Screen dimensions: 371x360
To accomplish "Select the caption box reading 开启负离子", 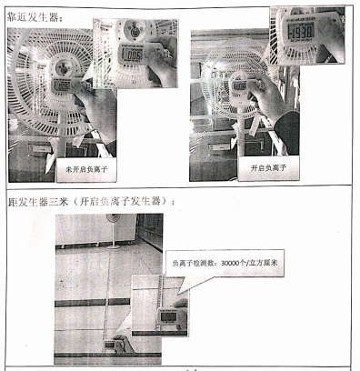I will tap(269, 168).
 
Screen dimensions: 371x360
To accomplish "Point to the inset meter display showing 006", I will tap(133, 55).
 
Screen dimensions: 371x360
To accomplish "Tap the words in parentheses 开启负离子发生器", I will tap(128, 201).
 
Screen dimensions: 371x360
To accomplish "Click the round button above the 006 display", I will tap(133, 30).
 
